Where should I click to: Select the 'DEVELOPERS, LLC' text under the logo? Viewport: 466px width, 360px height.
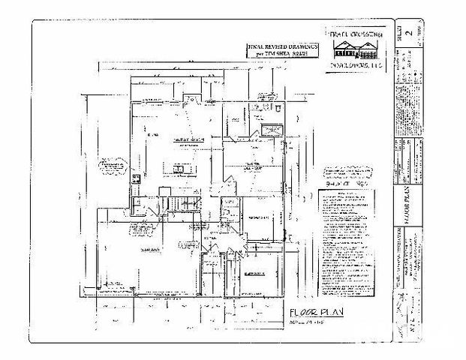tap(357, 66)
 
